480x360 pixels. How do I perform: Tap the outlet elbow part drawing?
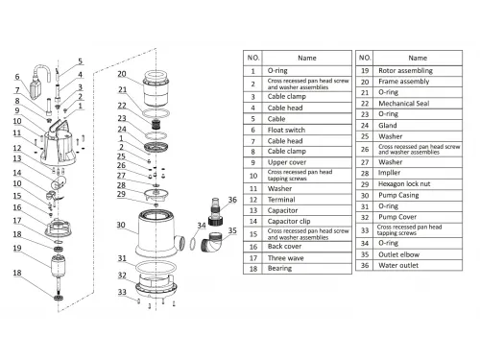coord(210,242)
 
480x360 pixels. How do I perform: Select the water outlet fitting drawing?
coord(215,212)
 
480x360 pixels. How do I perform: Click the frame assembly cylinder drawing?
coord(156,88)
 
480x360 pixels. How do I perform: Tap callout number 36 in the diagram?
coord(232,200)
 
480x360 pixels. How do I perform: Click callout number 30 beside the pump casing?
coord(121,225)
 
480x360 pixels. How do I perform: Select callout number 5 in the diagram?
coord(80,61)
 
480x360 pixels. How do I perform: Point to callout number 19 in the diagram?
coord(17,248)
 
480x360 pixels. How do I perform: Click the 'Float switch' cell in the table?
coord(306,130)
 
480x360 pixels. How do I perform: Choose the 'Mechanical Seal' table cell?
coord(418,104)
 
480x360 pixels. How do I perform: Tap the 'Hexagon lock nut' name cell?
coord(418,184)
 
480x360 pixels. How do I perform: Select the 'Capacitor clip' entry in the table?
coord(306,221)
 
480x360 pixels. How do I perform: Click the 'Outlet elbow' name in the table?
coord(418,254)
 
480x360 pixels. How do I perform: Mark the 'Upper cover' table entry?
coord(306,162)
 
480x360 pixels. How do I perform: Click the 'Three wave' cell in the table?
coord(306,258)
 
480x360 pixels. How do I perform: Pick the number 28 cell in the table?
coord(365,173)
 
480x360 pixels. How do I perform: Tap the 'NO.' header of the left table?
coord(253,58)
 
